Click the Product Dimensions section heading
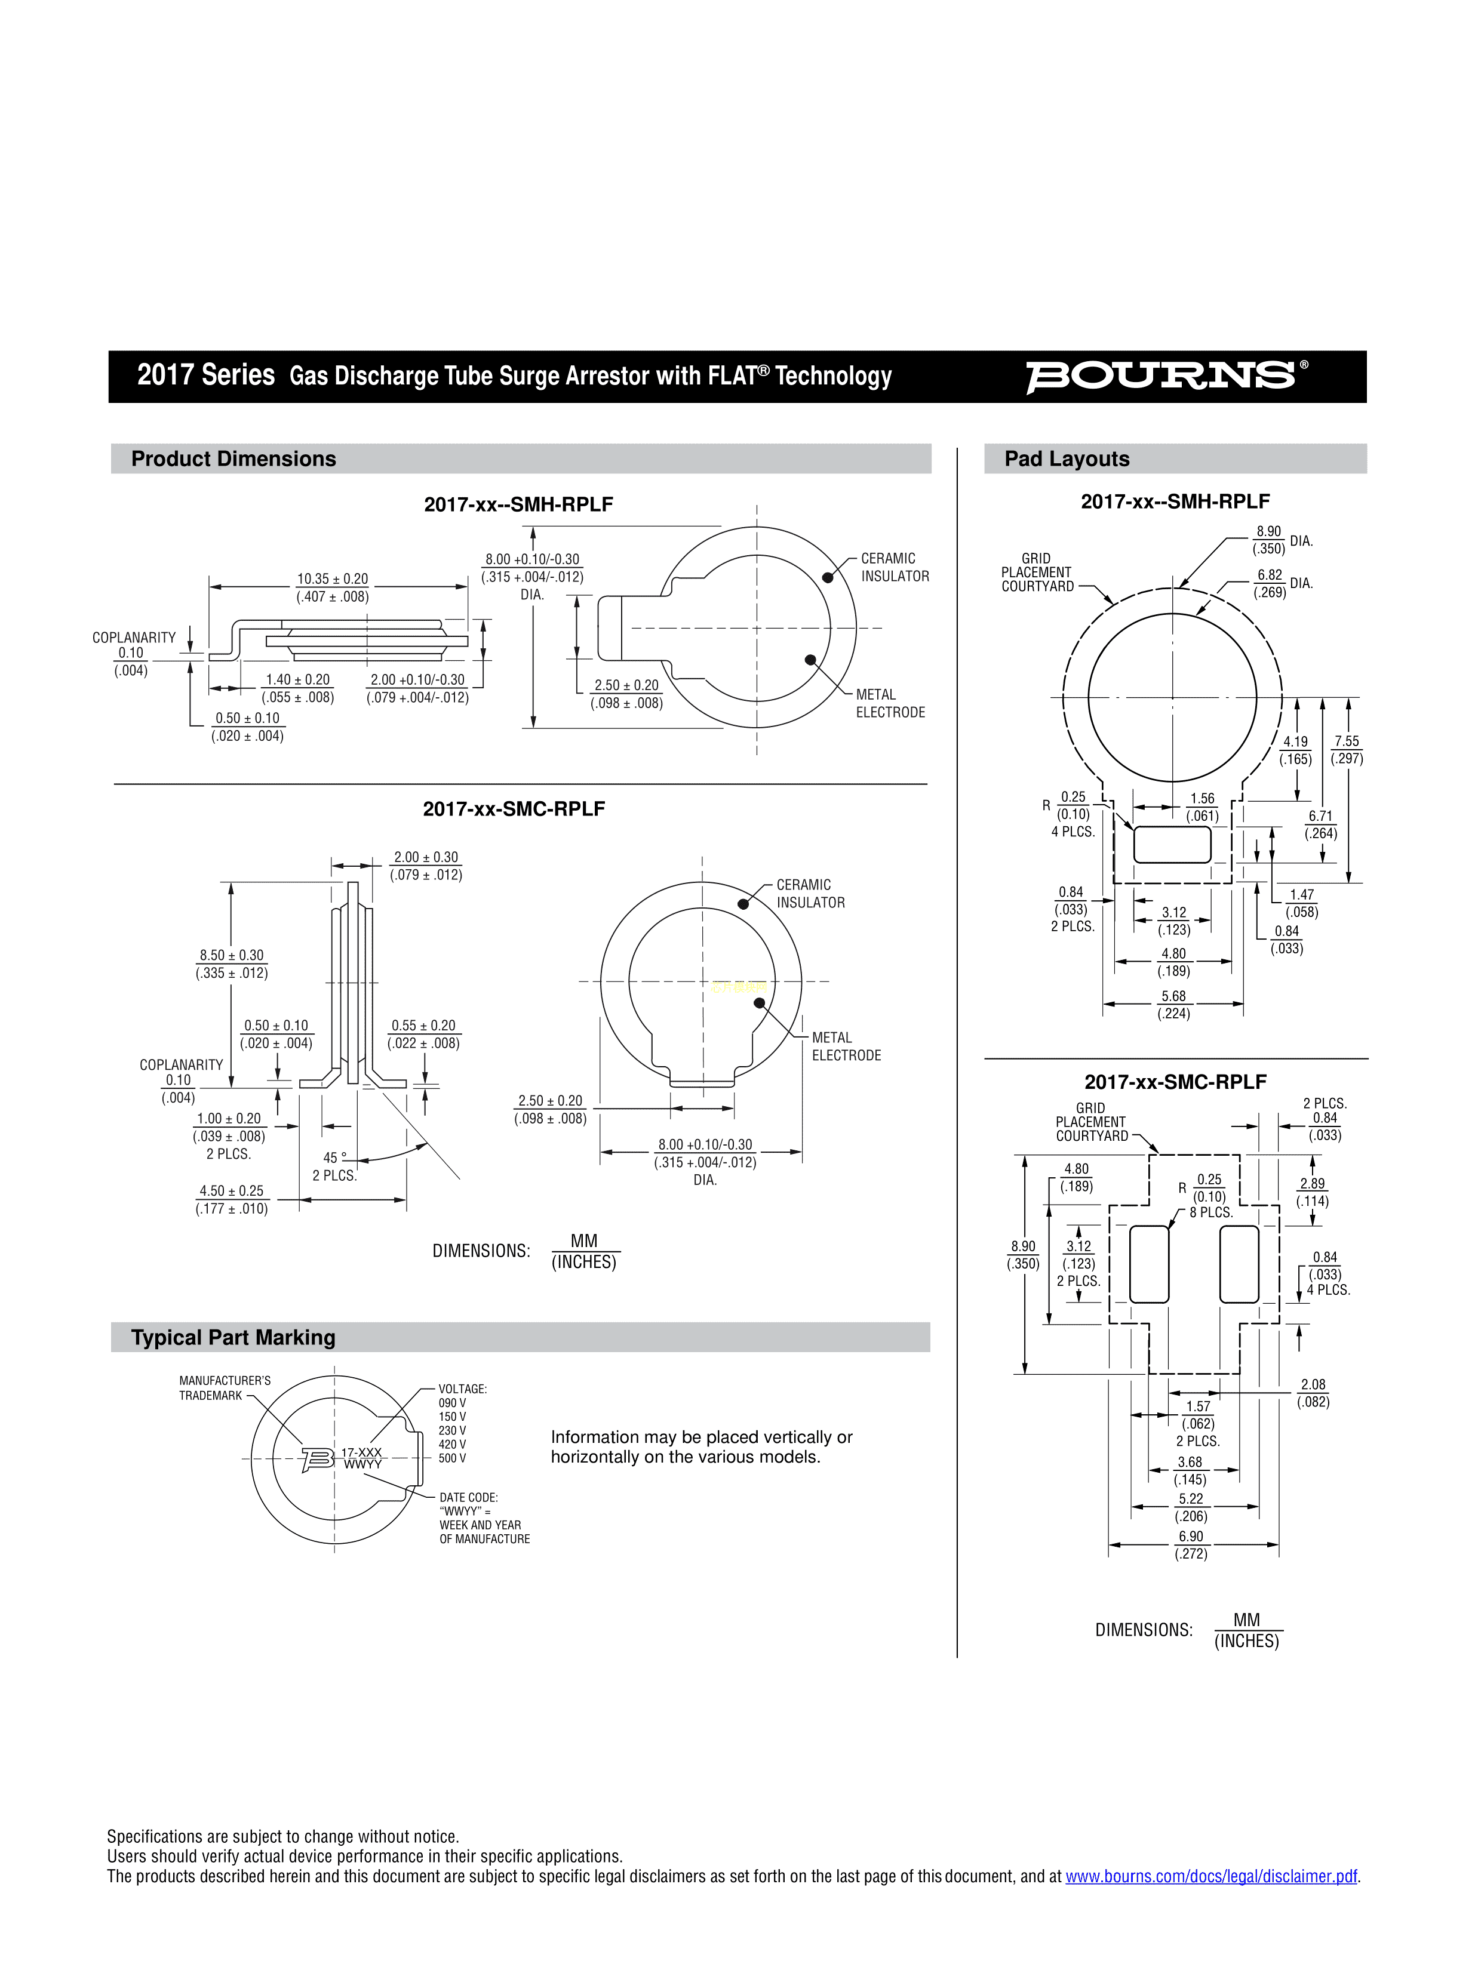coord(233,458)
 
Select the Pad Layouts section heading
coord(1067,458)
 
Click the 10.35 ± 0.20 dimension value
coord(332,579)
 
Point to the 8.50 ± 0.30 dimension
coord(232,955)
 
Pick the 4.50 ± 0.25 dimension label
coord(232,1191)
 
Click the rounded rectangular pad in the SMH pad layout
coord(1172,844)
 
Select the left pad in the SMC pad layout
coord(1148,1264)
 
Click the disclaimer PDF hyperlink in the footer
coord(1212,1876)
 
